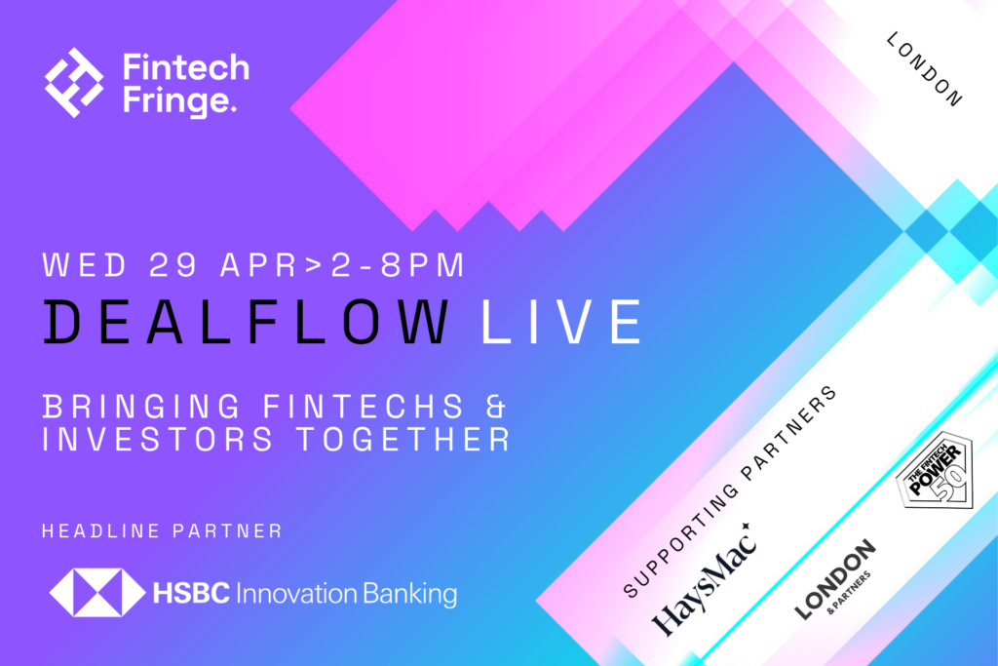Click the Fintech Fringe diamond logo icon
click(x=74, y=82)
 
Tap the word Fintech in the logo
click(x=186, y=67)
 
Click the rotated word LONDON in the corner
click(x=925, y=69)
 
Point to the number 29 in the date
click(x=173, y=265)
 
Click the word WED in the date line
click(x=86, y=265)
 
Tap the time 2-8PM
click(x=399, y=265)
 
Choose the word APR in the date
click(x=259, y=265)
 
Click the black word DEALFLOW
click(x=247, y=322)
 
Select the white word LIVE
click(x=561, y=322)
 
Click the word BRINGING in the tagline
click(x=142, y=407)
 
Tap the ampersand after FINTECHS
click(x=496, y=407)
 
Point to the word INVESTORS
click(x=158, y=440)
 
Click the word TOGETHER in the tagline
click(x=404, y=440)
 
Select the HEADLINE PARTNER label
click(x=162, y=531)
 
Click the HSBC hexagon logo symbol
click(x=97, y=593)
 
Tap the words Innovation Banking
click(x=347, y=594)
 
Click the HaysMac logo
click(x=706, y=580)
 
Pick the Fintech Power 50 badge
click(x=936, y=471)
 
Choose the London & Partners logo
click(x=835, y=580)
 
